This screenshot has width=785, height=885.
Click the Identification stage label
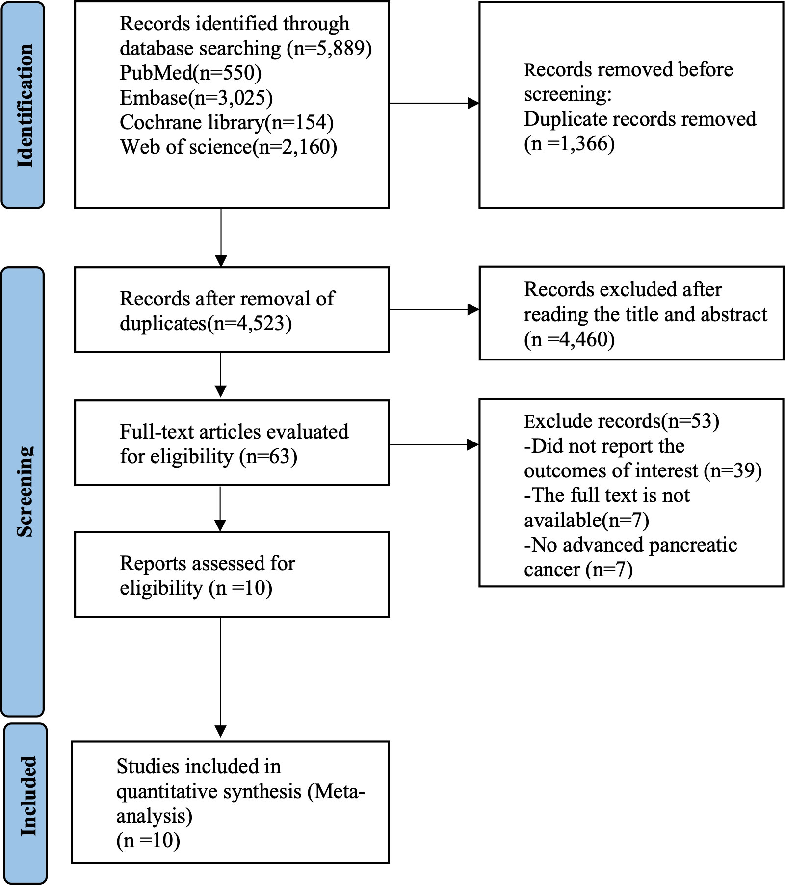point(25,106)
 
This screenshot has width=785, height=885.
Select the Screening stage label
point(25,491)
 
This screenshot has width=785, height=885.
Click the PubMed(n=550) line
point(190,73)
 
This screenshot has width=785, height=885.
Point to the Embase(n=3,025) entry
point(196,97)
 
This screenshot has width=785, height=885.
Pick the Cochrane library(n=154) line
point(227,122)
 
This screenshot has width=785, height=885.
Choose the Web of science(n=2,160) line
point(229,146)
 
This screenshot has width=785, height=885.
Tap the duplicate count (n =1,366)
point(569,143)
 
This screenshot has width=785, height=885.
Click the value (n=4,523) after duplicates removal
point(249,323)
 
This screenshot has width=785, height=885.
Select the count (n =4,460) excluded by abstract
point(569,339)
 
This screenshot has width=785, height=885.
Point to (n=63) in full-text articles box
point(268,456)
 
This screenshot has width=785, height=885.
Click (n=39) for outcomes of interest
point(733,470)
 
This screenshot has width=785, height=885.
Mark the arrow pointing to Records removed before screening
point(434,103)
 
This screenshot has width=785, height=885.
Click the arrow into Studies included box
point(221,677)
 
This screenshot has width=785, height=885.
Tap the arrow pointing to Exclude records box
point(434,445)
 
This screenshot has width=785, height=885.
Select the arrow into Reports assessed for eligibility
point(221,509)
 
